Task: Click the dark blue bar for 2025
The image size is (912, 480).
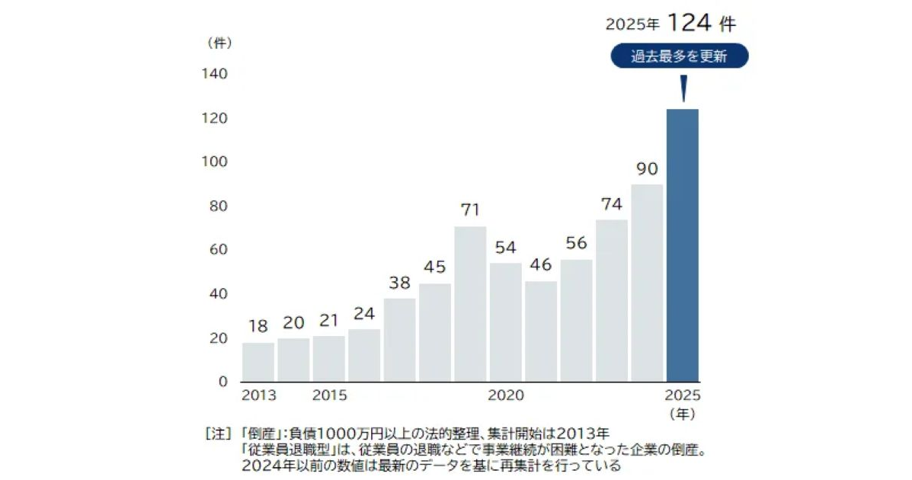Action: coord(682,245)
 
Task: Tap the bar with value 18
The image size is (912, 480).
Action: coord(258,362)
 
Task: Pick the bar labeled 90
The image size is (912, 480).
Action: coord(647,282)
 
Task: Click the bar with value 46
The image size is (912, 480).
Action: coord(541,331)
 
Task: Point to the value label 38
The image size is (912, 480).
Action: coord(399,283)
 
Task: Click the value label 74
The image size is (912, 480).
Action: coord(611,204)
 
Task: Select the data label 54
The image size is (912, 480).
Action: coord(505,248)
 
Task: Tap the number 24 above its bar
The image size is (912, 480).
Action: coord(364,314)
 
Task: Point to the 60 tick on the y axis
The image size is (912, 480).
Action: coord(219,249)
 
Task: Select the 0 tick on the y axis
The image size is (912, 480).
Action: coord(222,381)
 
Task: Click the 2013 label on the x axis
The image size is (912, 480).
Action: coord(259,395)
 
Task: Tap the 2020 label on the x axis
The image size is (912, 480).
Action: coord(506,395)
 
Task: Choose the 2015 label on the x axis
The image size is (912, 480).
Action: coord(329,395)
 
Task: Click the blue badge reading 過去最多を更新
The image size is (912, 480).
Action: coord(679,56)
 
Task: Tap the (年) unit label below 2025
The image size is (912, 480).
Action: coord(683,414)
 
